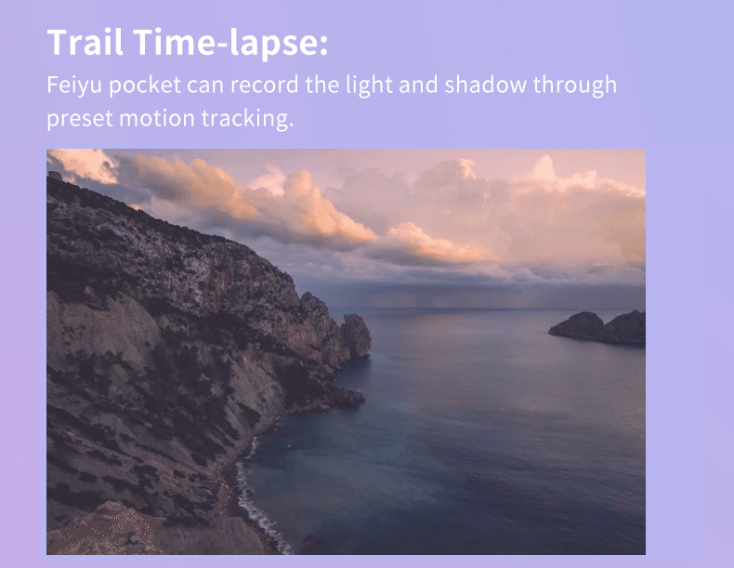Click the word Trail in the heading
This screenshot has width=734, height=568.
(85, 42)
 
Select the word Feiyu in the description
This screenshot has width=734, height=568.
(74, 86)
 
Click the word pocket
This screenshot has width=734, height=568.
(145, 86)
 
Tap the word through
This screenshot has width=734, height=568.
(575, 86)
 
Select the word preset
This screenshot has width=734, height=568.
(80, 119)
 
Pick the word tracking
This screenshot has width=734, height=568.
(244, 119)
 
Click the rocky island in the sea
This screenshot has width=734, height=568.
(597, 327)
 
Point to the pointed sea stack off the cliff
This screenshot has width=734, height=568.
(356, 336)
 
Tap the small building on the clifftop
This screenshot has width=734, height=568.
(55, 176)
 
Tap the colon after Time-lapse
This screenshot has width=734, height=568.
(323, 45)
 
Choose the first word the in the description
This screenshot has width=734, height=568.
(322, 85)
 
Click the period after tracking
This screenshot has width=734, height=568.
(291, 125)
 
